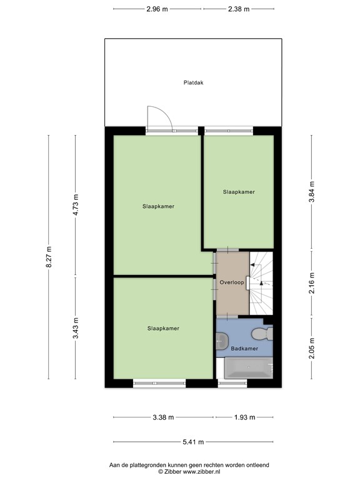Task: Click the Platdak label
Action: coord(194,82)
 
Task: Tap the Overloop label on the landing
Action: coord(231,281)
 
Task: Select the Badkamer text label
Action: coord(244,349)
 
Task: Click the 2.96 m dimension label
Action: coord(157,9)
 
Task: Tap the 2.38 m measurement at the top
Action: coord(238,9)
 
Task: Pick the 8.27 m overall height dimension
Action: coord(49,257)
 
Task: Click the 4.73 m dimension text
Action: coord(75,205)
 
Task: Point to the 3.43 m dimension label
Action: coord(75,328)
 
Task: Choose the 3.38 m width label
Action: coord(163,418)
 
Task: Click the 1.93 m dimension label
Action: coord(244,418)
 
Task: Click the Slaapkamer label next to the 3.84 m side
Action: coord(239,192)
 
